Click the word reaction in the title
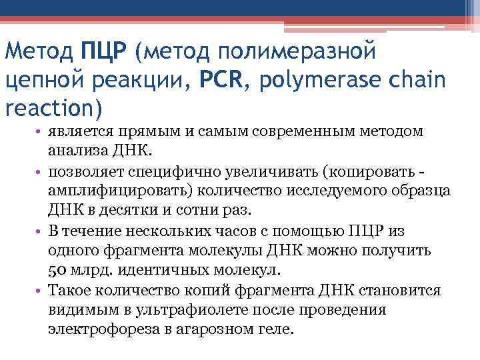tap(49, 107)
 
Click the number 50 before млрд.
tap(57, 269)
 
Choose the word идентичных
tap(147, 269)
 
